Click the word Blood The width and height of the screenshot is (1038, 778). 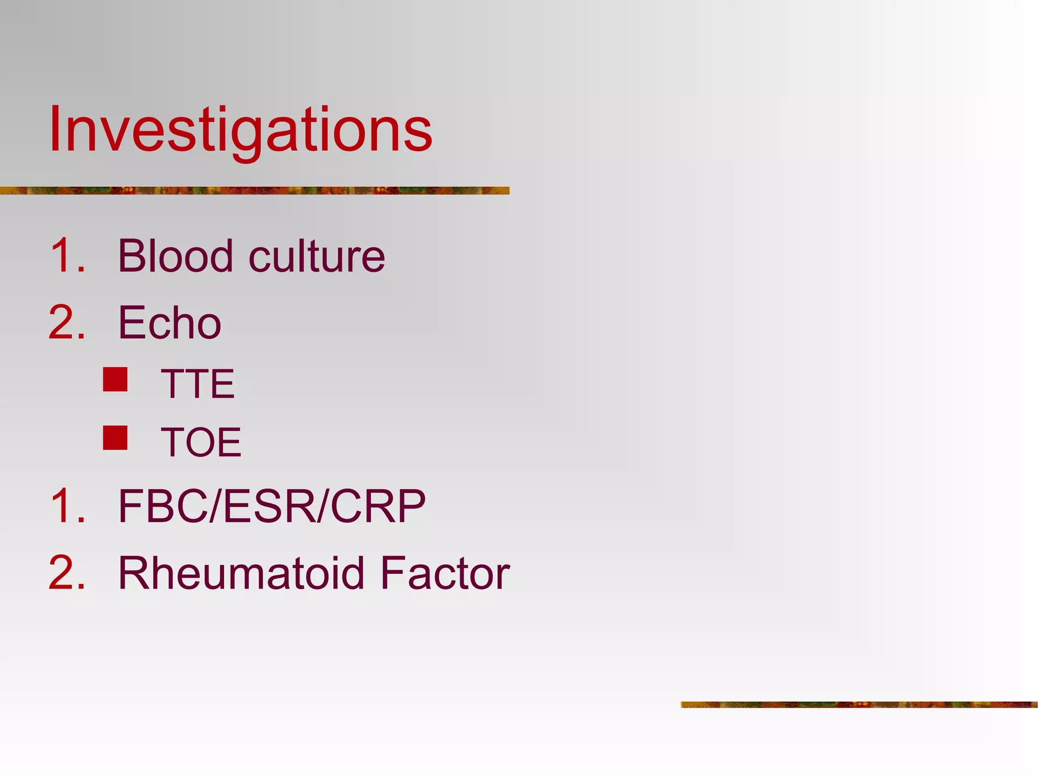175,256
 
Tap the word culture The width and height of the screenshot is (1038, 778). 317,256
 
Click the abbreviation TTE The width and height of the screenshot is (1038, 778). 198,384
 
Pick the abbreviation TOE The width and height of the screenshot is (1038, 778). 201,442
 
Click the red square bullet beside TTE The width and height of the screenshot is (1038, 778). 115,379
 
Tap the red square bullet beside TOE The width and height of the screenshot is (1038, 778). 115,438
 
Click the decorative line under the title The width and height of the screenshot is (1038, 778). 253,190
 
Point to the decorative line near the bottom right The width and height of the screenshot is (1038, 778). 859,704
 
